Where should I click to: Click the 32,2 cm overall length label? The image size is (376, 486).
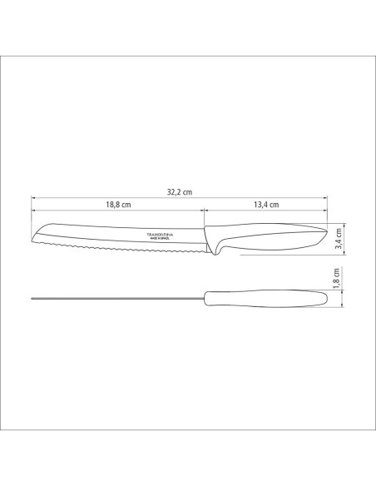tap(179, 191)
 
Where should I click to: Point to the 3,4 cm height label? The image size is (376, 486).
tap(337, 240)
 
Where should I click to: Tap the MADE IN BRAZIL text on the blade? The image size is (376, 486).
tap(165, 241)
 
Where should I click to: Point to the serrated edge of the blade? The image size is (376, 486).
tap(116, 248)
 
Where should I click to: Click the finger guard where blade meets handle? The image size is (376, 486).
tap(211, 248)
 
